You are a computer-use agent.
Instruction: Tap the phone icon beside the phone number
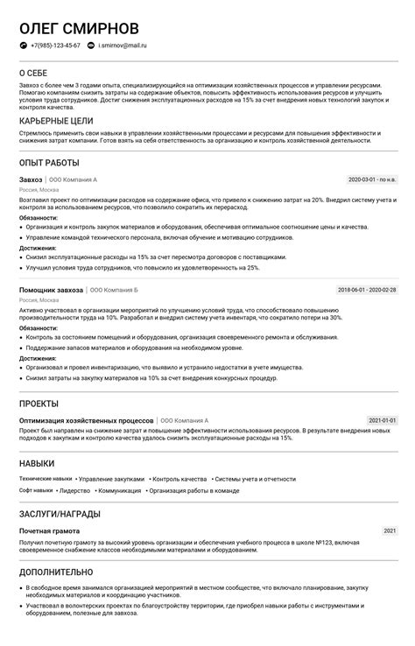(23, 45)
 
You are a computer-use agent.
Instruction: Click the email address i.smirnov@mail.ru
(123, 45)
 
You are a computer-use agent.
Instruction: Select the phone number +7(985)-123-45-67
(55, 45)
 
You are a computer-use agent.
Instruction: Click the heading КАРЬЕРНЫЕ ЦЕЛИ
(56, 121)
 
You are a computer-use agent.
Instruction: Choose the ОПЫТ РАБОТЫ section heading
(49, 163)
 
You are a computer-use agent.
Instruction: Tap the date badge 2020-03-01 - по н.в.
(372, 180)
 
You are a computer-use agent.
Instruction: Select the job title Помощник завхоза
(51, 290)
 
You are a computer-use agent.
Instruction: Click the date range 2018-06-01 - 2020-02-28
(367, 290)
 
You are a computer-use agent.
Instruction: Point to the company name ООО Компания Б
(115, 290)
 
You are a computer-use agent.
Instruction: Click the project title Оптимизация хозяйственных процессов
(86, 421)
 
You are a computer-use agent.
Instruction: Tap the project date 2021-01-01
(382, 421)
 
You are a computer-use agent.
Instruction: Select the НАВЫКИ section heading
(37, 463)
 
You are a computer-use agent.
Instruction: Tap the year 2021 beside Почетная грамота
(390, 531)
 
